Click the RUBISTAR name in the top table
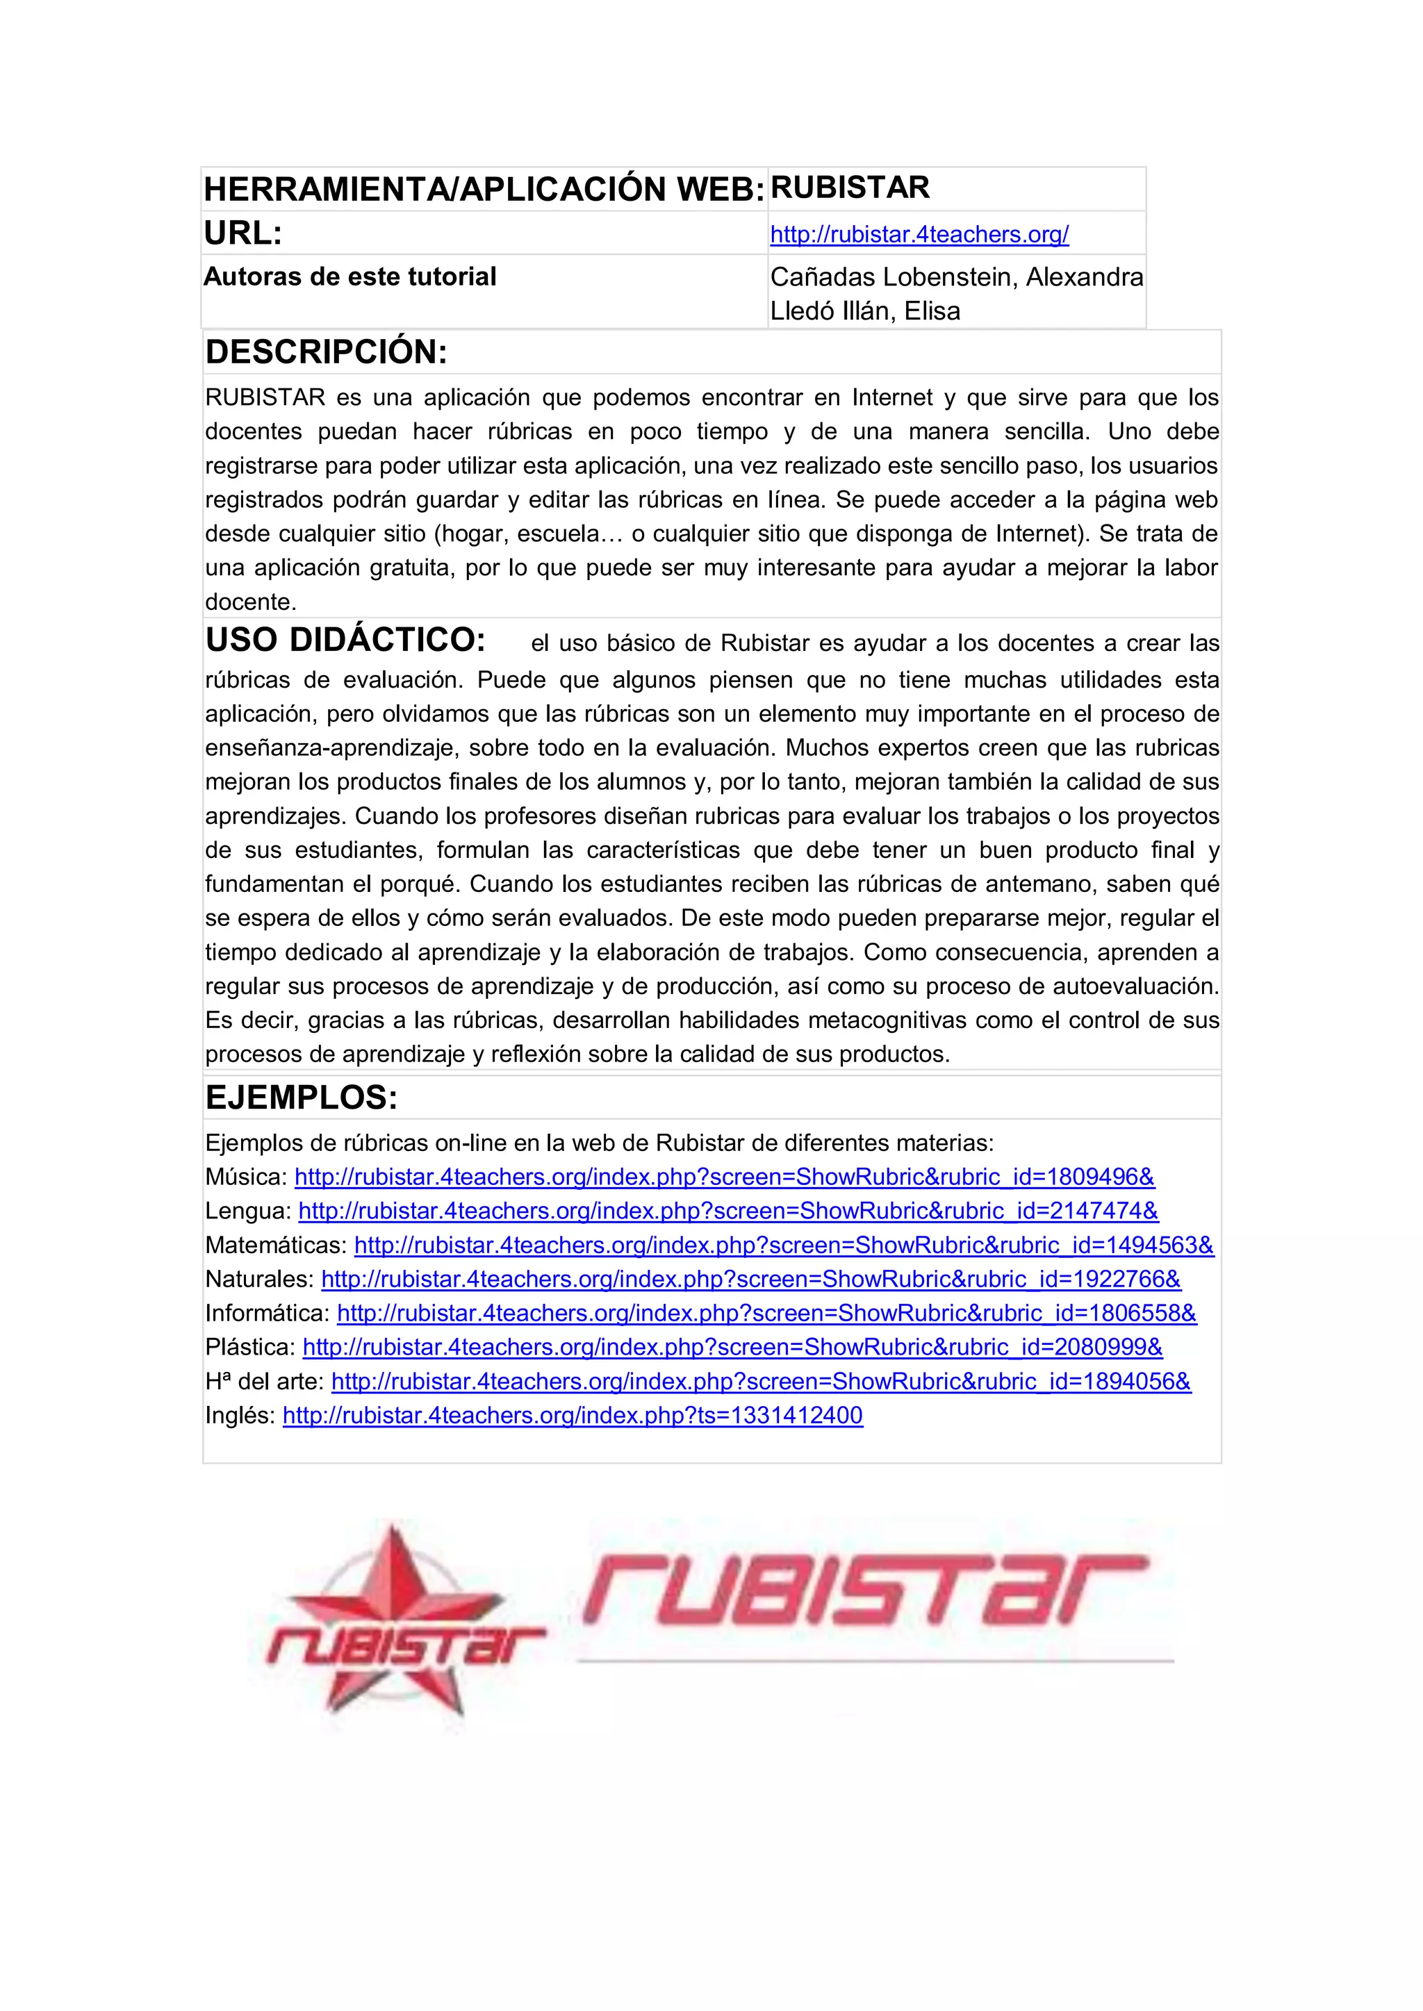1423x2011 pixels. (849, 188)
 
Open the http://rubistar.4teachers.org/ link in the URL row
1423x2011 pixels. (919, 235)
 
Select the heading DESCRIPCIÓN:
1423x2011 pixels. (326, 352)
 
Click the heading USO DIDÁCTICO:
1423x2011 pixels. (345, 640)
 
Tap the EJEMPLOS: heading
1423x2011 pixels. (302, 1098)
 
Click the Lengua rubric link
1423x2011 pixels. (728, 1211)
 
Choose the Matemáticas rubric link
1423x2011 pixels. (783, 1246)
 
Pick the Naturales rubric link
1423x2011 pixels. (751, 1280)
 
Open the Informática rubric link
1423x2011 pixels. (766, 1314)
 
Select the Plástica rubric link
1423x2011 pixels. (732, 1347)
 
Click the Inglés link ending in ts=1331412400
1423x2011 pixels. (572, 1416)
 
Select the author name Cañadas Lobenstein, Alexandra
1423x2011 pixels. (956, 278)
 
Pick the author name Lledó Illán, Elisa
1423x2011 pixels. (865, 311)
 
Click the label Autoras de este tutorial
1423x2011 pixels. (349, 276)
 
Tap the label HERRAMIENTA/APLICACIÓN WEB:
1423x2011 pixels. (484, 189)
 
